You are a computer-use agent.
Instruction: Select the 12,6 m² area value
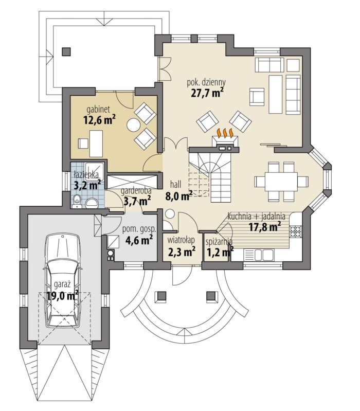point(99,120)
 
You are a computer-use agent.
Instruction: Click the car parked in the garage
point(63,280)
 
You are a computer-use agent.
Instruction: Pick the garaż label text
point(62,284)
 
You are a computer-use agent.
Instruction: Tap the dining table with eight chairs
point(281,182)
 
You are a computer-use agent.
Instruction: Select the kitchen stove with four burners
point(296,231)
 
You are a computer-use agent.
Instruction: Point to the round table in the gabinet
point(134,126)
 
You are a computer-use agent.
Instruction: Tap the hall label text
point(175,185)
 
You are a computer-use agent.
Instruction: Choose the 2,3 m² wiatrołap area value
point(182,252)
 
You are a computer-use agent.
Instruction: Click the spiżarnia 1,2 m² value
point(220,252)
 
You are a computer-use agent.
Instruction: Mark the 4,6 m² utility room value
point(139,240)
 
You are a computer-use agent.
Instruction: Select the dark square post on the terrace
point(66,51)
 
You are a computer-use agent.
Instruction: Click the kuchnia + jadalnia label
point(256,217)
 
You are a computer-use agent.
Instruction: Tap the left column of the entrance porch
point(161,296)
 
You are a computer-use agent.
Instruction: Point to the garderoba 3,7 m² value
point(137,201)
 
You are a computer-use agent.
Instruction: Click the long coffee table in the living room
point(275,94)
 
